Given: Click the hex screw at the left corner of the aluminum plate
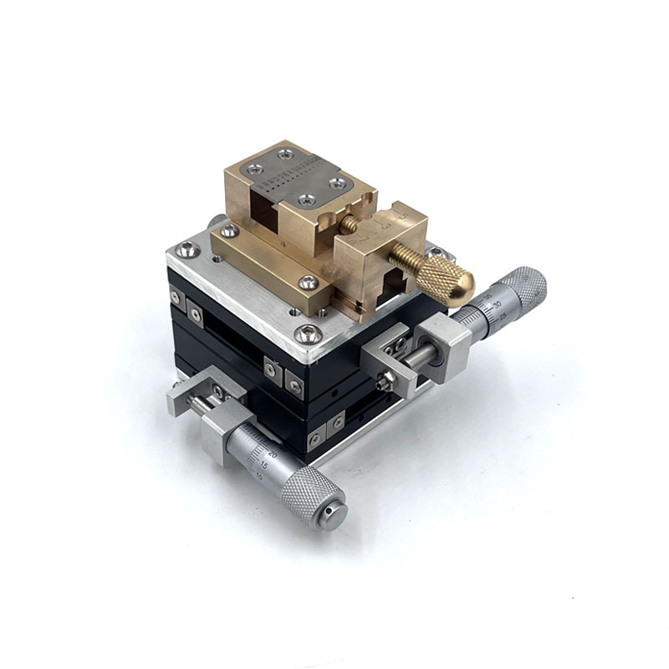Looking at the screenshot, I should pos(186,249).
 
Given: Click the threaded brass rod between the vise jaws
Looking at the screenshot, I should pos(349,225).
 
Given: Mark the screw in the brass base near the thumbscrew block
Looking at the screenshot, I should pos(308,283).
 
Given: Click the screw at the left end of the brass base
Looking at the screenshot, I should pos(227,229).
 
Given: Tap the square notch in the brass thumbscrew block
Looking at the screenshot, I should pos(393,288).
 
